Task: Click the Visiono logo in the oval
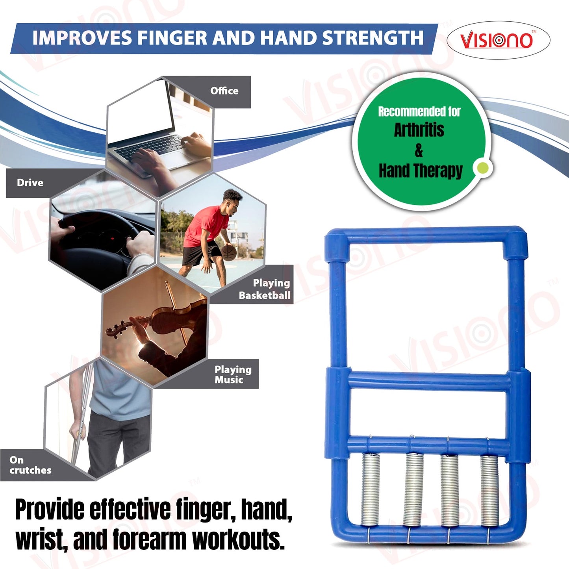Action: click(x=497, y=40)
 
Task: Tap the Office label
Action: click(x=224, y=91)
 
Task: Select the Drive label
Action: click(x=30, y=183)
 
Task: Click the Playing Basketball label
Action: click(x=265, y=289)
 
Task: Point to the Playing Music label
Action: click(x=233, y=374)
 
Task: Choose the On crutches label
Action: click(x=30, y=465)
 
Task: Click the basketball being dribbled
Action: click(x=229, y=252)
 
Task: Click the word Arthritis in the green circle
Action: click(x=419, y=130)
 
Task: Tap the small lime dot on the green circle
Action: click(x=482, y=168)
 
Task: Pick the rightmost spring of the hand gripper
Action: click(x=490, y=491)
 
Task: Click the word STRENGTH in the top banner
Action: click(x=373, y=38)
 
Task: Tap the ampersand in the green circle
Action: click(x=419, y=150)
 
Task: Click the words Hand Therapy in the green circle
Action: click(x=420, y=171)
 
